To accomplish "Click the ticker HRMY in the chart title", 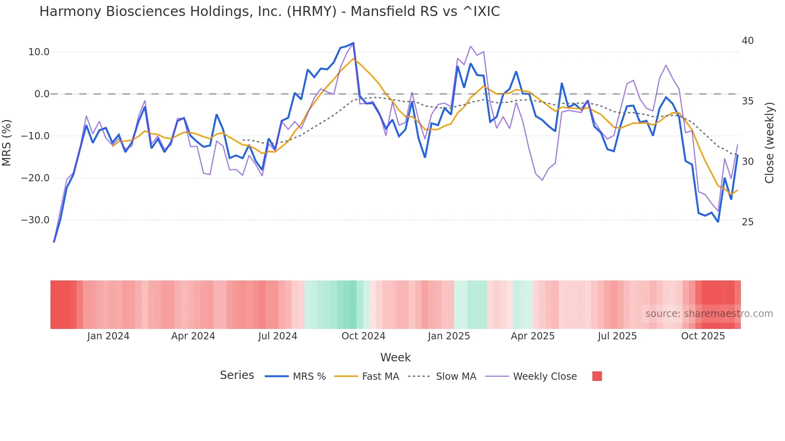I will [x=312, y=12].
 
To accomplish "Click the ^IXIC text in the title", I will [x=481, y=12].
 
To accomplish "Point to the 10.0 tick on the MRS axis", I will [x=39, y=52].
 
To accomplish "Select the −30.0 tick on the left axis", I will [x=35, y=220].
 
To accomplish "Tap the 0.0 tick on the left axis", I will [x=42, y=94].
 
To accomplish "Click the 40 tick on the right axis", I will [x=747, y=41].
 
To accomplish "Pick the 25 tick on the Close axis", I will [x=747, y=222].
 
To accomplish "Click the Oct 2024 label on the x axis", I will [x=363, y=336].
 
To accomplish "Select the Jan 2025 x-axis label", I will [x=449, y=336].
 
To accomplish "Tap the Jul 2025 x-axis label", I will [x=617, y=336].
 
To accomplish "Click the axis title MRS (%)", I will [x=7, y=142].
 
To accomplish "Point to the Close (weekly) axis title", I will [x=769, y=143].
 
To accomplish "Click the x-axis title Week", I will [x=395, y=357].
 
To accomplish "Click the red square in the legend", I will [x=597, y=376].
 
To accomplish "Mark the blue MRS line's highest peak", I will [x=353, y=43].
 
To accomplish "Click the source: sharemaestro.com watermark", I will [x=709, y=314].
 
